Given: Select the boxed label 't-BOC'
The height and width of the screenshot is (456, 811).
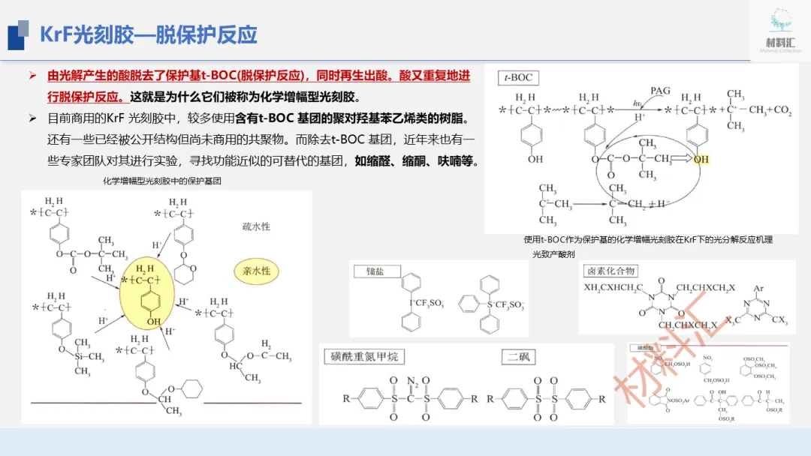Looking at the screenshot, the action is [x=517, y=76].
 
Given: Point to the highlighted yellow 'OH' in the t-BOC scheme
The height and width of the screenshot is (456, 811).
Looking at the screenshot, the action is [x=701, y=160].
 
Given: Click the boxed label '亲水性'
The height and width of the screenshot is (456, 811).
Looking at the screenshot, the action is [x=256, y=270].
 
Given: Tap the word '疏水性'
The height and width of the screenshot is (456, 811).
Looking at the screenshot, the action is [x=256, y=226].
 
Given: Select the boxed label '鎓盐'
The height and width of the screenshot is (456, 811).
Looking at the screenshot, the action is [x=374, y=271].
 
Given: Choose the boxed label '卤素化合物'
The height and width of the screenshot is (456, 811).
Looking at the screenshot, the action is [x=610, y=270].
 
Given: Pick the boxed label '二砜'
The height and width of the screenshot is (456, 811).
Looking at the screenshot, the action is [x=518, y=356].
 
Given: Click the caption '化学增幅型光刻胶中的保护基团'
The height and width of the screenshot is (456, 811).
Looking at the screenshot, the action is [x=162, y=181].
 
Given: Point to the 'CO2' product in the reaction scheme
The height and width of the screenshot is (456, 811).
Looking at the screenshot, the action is [x=780, y=110].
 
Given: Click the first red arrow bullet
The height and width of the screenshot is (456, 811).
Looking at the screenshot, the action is [x=32, y=76].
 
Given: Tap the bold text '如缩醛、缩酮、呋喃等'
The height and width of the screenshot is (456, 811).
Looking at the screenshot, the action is [x=417, y=160].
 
